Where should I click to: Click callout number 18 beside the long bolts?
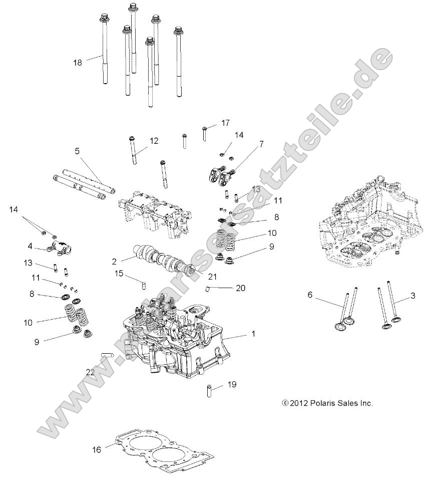pyautogui.click(x=77, y=63)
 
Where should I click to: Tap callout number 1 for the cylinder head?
pyautogui.click(x=253, y=333)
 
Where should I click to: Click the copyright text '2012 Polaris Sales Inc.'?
pyautogui.click(x=327, y=403)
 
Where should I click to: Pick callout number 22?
pyautogui.click(x=90, y=372)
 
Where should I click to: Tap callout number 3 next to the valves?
pyautogui.click(x=412, y=296)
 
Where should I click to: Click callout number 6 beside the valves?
pyautogui.click(x=310, y=295)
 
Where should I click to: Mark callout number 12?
pyautogui.click(x=153, y=141)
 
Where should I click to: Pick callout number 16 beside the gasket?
pyautogui.click(x=97, y=449)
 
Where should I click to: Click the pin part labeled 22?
pyautogui.click(x=108, y=356)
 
